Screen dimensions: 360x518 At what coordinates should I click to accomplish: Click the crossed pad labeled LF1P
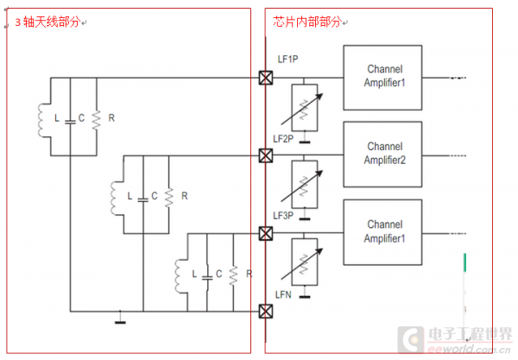pyautogui.click(x=266, y=79)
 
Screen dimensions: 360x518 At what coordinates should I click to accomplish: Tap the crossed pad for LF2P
pyautogui.click(x=266, y=155)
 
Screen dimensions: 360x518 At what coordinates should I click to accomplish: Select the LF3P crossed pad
pyautogui.click(x=266, y=233)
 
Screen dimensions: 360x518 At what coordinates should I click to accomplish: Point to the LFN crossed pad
pyautogui.click(x=266, y=310)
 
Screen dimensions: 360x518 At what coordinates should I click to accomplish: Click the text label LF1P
pyautogui.click(x=288, y=60)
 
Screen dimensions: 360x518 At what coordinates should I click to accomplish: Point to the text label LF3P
pyautogui.click(x=285, y=215)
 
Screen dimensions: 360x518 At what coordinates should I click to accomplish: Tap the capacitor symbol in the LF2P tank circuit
pyautogui.click(x=143, y=196)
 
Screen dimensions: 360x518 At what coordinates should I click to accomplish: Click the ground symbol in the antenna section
pyautogui.click(x=118, y=321)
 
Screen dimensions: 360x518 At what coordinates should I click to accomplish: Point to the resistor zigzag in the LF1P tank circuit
pyautogui.click(x=95, y=117)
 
